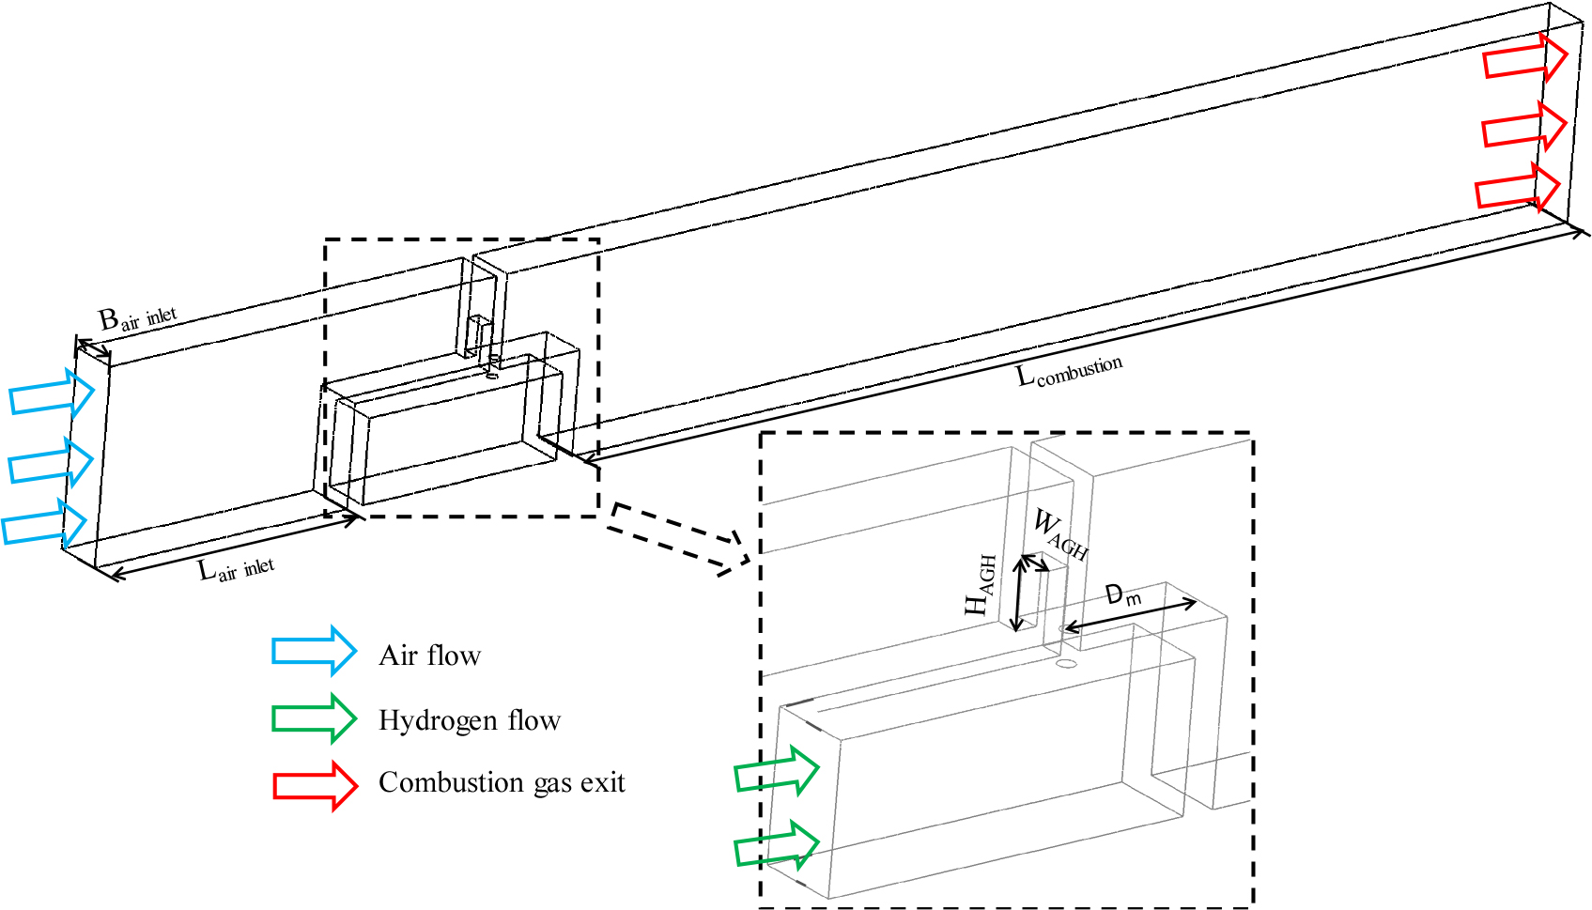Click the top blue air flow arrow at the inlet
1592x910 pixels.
pos(52,393)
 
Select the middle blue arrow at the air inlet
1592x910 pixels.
pos(51,462)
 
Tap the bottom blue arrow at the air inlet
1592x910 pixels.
pos(44,523)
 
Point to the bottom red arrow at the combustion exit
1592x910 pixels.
pos(1518,187)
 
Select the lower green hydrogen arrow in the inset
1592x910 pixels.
pos(777,844)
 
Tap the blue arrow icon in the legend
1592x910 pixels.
pos(314,650)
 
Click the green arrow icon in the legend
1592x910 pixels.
pos(314,718)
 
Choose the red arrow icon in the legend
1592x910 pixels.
pos(315,785)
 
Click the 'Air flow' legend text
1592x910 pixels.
pos(430,655)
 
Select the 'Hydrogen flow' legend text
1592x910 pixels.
pos(470,720)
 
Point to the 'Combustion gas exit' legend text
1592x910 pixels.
pos(502,782)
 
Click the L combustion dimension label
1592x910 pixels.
pos(1070,371)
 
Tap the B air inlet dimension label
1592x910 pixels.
pos(137,318)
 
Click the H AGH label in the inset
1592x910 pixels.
pos(980,584)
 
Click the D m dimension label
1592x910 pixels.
pos(1123,594)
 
